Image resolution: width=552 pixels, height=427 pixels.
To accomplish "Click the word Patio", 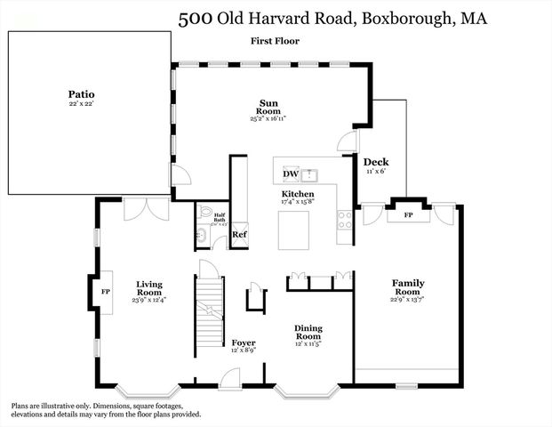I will tap(81, 93).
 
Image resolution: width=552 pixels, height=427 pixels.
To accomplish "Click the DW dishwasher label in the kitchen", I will tap(291, 174).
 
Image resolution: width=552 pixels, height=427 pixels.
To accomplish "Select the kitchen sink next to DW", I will tap(310, 174).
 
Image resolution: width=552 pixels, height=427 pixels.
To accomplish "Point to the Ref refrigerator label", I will tap(239, 235).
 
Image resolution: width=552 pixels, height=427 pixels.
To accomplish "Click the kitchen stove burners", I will tap(345, 219).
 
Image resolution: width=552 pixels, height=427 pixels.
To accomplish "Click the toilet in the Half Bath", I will tap(204, 213).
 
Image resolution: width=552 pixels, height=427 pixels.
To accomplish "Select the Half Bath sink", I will tap(202, 236).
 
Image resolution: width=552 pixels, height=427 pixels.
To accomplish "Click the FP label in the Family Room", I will tap(409, 215).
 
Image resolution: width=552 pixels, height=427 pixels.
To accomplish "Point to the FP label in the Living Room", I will tap(104, 291).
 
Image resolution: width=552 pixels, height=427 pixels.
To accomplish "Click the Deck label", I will tap(374, 162).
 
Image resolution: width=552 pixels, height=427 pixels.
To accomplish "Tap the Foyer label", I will tap(244, 342).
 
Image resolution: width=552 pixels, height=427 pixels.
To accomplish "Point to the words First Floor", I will tap(276, 41).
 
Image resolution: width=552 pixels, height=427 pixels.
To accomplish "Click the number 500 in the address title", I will tap(195, 19).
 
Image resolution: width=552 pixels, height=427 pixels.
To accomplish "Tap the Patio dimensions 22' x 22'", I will tap(81, 105).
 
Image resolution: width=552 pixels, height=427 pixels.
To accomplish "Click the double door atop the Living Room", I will tap(144, 210).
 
